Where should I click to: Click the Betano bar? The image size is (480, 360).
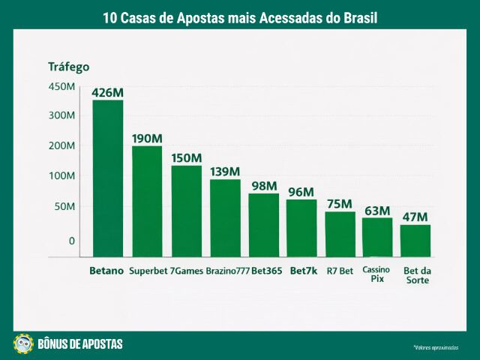(x=107, y=178)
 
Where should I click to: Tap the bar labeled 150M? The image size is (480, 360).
(x=186, y=211)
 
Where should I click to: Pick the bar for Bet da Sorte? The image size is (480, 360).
(x=415, y=241)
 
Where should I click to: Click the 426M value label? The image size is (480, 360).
(x=107, y=93)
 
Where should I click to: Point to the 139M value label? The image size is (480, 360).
(x=225, y=172)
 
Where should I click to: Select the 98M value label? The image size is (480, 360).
(x=264, y=186)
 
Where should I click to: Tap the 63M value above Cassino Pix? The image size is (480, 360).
(x=377, y=210)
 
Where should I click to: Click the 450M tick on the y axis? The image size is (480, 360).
(x=61, y=86)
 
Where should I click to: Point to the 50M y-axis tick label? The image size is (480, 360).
(x=63, y=206)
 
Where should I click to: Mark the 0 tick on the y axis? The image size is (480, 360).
(x=72, y=241)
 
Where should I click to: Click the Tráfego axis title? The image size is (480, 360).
(x=68, y=66)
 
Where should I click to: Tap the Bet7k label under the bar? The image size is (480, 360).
(x=303, y=271)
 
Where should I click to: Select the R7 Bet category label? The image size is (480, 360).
(x=340, y=271)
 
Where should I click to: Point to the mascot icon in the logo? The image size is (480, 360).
(x=23, y=343)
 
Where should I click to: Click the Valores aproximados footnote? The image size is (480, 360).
(x=435, y=348)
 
